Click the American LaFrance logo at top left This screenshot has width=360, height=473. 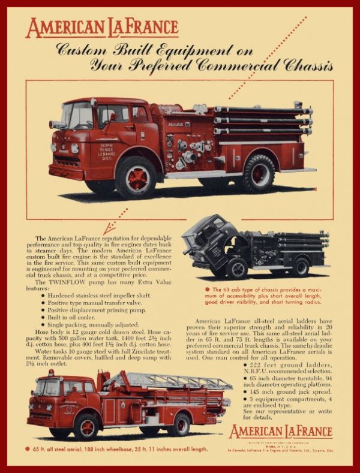tap(102, 28)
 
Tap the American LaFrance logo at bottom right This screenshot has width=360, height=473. tap(280, 432)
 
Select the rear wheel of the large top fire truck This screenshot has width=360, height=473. tap(259, 172)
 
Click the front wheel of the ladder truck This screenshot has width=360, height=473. tap(86, 426)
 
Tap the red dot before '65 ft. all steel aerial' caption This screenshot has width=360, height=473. tap(28, 448)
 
